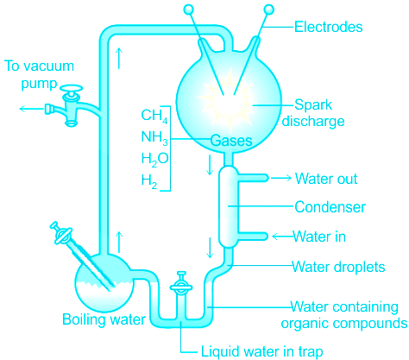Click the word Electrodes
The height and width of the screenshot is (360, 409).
tap(328, 27)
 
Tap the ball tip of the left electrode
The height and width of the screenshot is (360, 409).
tap(188, 9)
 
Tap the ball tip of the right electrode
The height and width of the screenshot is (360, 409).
tap(269, 9)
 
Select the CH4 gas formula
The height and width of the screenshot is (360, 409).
tap(154, 116)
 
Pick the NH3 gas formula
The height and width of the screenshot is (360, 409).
tap(154, 137)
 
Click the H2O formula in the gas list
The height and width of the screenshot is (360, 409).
tap(154, 159)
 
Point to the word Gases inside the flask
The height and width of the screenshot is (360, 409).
tap(231, 141)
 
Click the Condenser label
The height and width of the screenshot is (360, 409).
tap(330, 207)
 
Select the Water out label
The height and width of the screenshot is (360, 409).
tap(326, 179)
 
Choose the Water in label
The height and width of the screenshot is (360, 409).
tap(319, 237)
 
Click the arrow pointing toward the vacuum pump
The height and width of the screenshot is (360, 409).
tap(32, 109)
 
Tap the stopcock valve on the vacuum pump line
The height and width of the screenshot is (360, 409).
tap(71, 105)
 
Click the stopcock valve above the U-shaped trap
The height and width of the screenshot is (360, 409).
tap(181, 282)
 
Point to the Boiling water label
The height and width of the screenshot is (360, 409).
tap(104, 319)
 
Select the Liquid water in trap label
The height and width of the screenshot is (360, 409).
tap(261, 351)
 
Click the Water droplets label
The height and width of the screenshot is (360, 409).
tap(338, 267)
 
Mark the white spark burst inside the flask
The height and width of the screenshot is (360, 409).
tap(227, 98)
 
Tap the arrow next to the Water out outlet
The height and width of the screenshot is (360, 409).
tap(281, 178)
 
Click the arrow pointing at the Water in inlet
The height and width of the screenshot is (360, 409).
tap(282, 237)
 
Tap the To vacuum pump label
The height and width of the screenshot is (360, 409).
tap(39, 75)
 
